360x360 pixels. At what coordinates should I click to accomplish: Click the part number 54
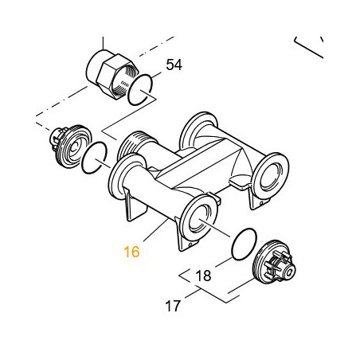[174, 65]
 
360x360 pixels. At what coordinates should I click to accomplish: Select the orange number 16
[131, 252]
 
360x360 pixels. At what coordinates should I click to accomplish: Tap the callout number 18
[203, 276]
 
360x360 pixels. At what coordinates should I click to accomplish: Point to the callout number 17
[173, 306]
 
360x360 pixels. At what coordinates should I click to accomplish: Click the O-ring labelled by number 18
[245, 244]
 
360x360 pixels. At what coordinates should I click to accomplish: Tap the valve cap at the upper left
[70, 146]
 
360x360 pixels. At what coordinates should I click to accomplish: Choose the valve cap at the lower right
[274, 262]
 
